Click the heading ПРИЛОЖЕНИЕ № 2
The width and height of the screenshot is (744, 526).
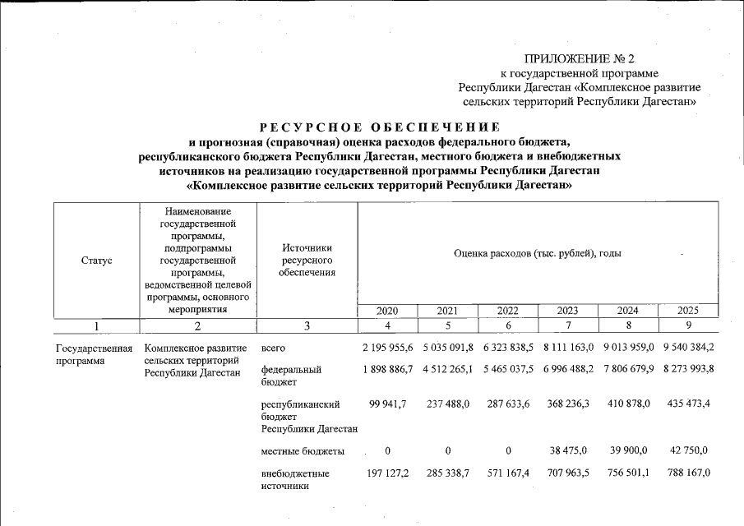pos(580,58)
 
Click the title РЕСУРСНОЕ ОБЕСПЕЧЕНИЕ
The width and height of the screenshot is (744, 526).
pos(379,127)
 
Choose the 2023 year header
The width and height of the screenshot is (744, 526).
pos(567,311)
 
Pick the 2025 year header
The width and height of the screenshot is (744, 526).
pos(688,311)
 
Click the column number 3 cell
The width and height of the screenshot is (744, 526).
pos(307,326)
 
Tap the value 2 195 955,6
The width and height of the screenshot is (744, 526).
pos(386,348)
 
